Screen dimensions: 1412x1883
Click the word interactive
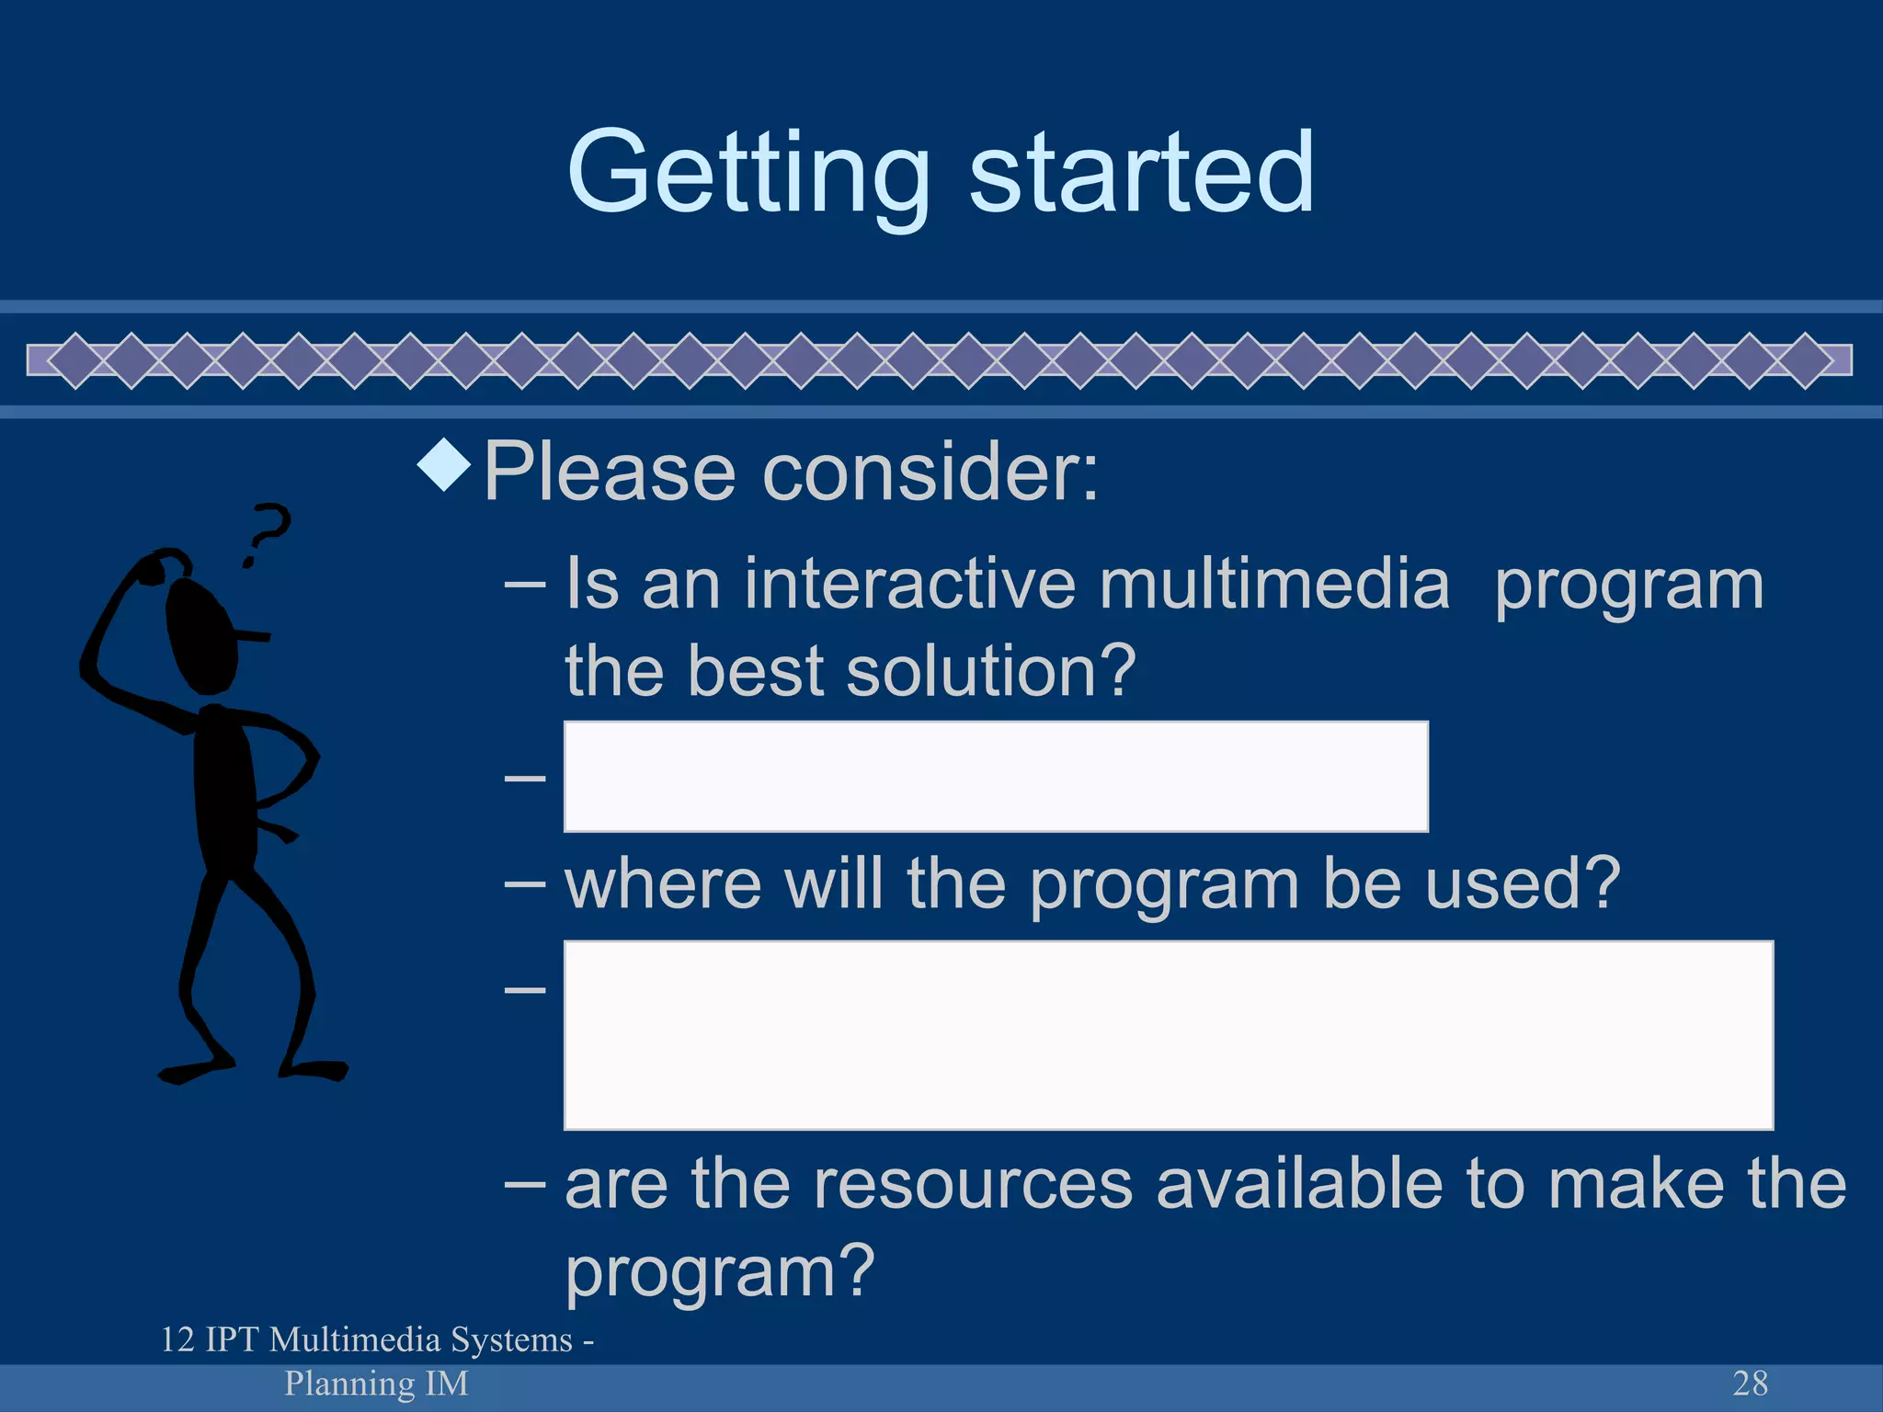click(x=908, y=585)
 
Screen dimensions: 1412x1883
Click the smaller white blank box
click(x=995, y=777)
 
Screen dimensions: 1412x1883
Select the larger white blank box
click(x=1168, y=1035)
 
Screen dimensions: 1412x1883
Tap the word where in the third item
click(x=663, y=884)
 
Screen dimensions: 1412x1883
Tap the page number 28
click(x=1750, y=1384)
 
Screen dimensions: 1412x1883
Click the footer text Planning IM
click(x=376, y=1384)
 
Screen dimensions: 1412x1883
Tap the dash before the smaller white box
click(x=525, y=778)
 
